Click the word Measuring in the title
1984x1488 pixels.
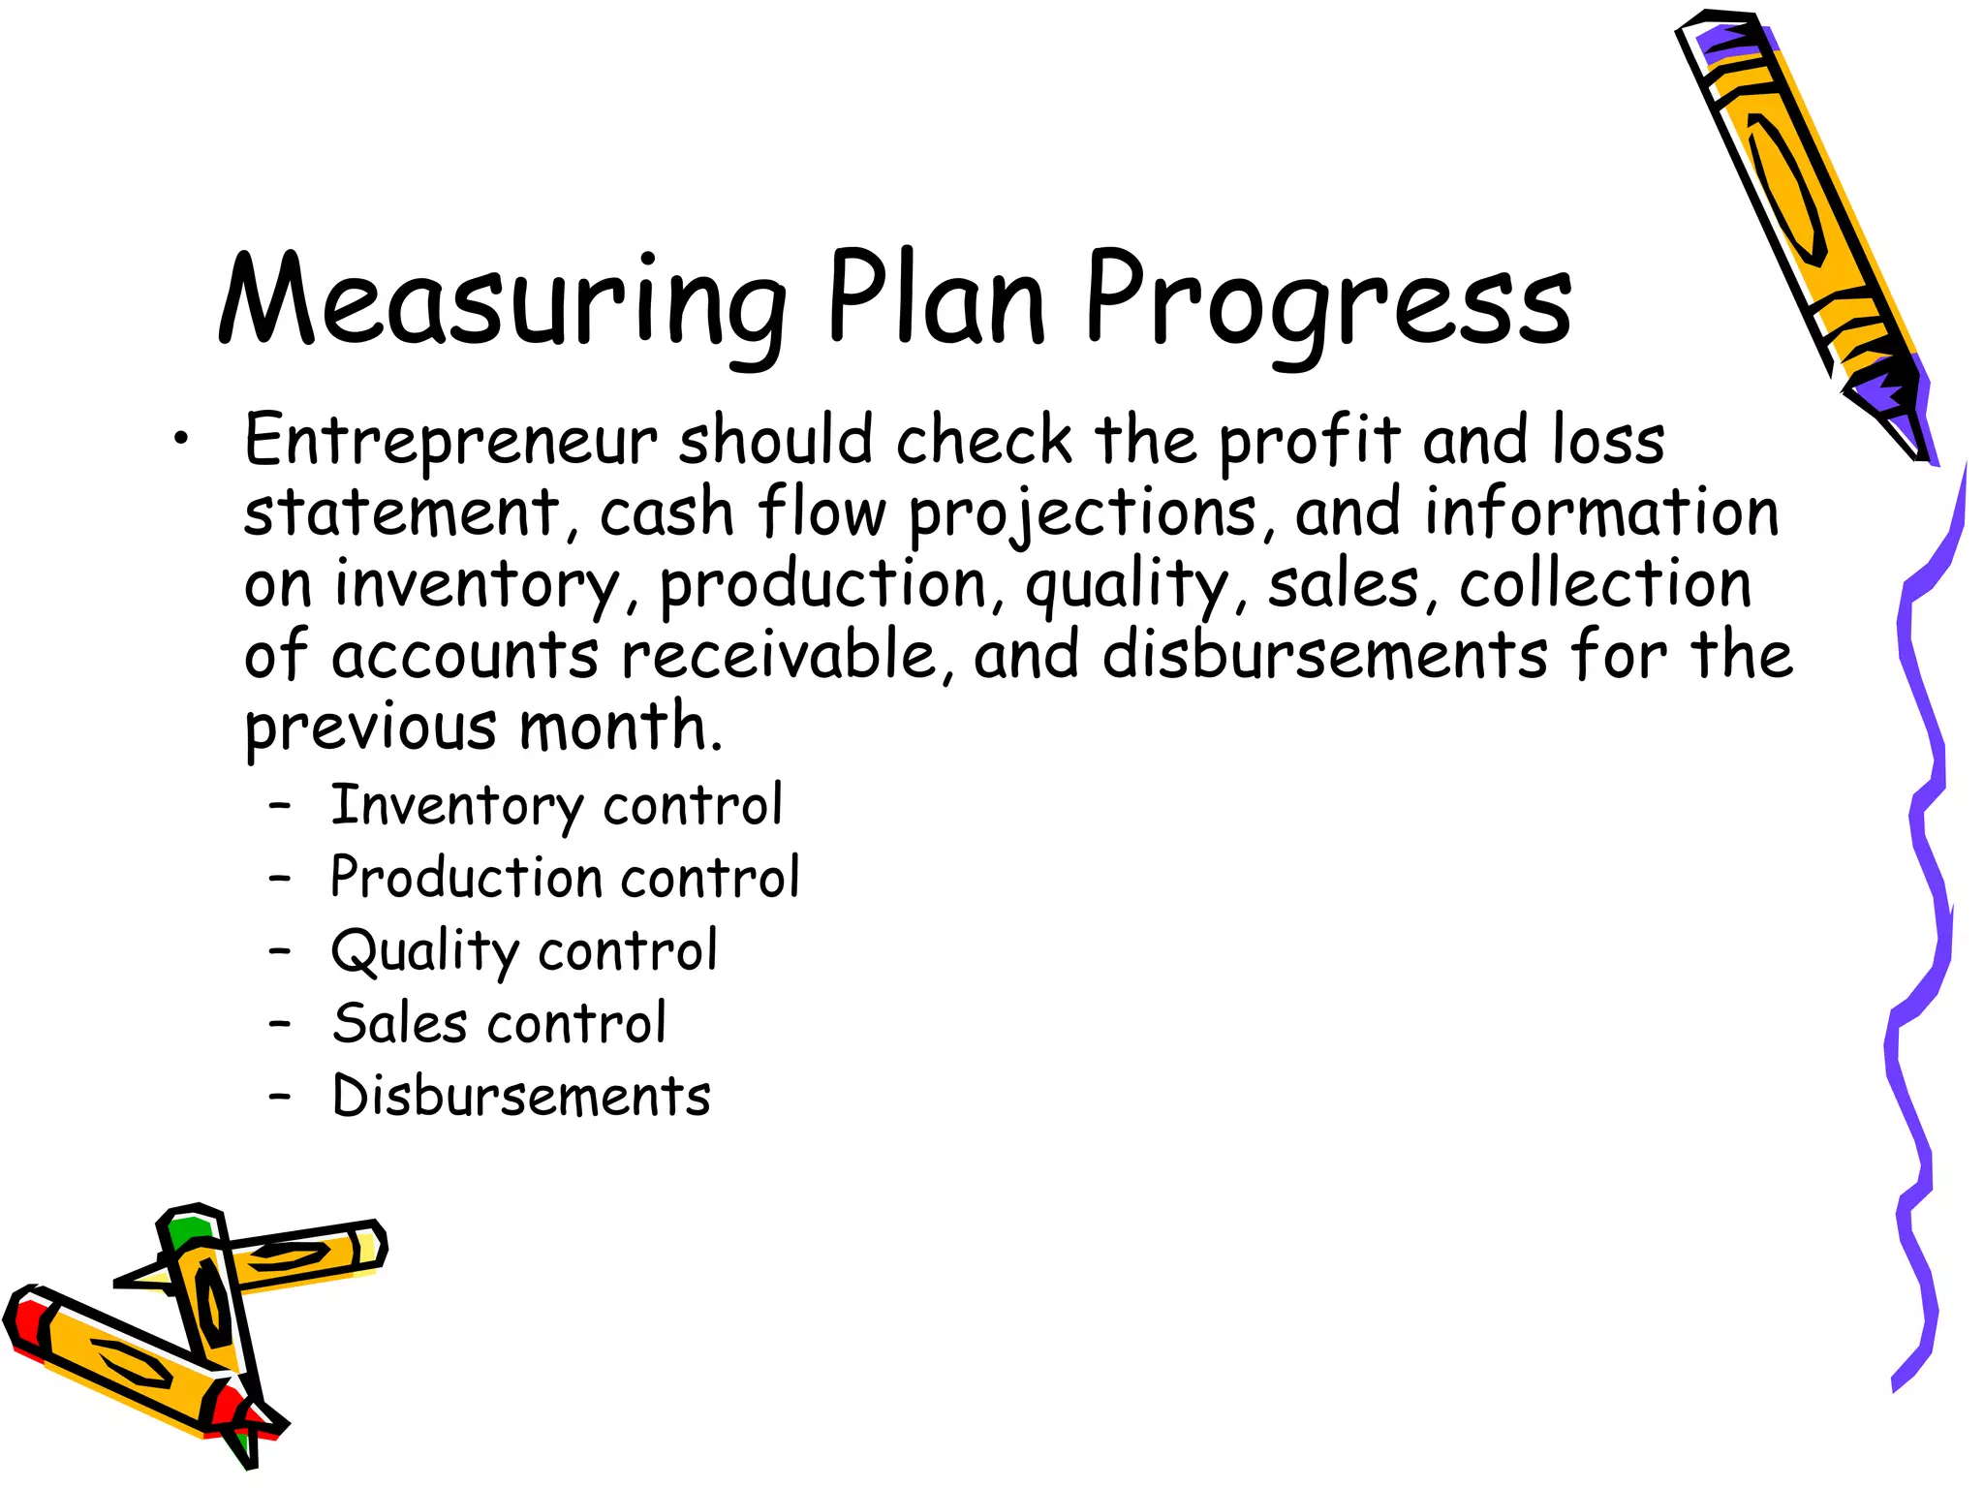(x=502, y=300)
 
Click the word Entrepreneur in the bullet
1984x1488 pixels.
(x=450, y=442)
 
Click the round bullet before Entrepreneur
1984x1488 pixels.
(x=181, y=441)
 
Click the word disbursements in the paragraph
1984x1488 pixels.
(x=1324, y=656)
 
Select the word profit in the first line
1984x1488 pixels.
(x=1309, y=442)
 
